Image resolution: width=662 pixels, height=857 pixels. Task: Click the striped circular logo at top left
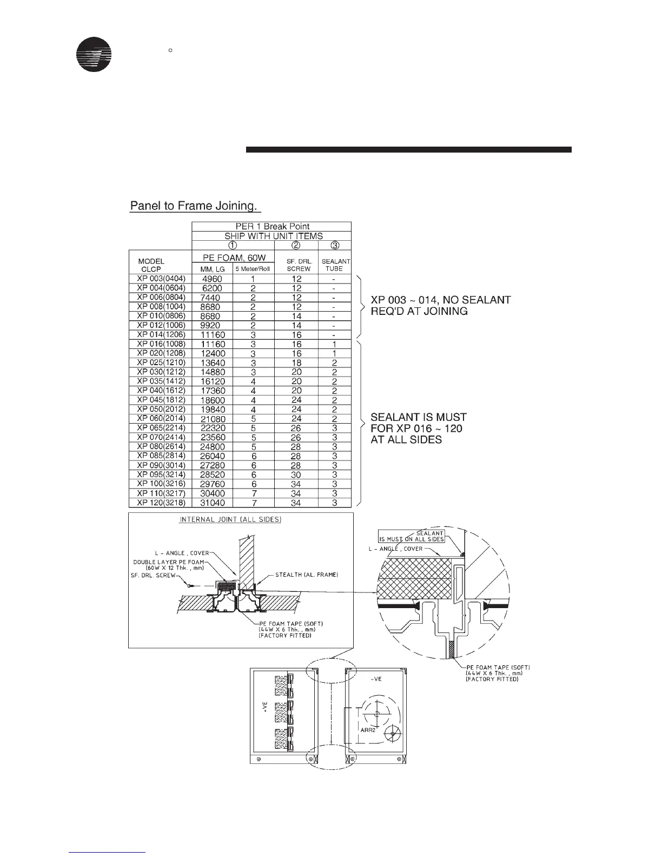94,54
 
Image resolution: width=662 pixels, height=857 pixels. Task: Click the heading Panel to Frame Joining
195,206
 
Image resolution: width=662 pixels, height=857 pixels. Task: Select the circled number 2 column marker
296,245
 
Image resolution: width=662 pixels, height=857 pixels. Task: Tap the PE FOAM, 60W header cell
234,258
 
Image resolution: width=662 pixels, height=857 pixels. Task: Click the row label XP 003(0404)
161,279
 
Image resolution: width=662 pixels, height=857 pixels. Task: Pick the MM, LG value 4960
211,279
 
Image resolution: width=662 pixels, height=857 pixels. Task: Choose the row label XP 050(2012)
161,409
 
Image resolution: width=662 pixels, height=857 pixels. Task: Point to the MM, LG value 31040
211,503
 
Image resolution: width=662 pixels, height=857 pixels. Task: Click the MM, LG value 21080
211,419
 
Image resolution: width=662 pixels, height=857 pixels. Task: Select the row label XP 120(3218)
161,503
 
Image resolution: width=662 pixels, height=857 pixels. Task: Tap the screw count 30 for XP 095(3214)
296,474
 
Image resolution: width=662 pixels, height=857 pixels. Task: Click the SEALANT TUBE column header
335,265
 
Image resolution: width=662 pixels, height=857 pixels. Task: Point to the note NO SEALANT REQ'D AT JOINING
440,305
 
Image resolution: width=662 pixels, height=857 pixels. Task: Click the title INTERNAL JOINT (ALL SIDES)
230,520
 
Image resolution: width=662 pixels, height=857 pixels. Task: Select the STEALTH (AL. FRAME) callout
307,575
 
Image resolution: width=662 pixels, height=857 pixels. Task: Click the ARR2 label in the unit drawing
368,729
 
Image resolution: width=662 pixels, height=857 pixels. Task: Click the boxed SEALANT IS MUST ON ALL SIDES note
412,536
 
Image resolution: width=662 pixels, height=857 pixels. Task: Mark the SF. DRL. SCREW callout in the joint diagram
153,576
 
